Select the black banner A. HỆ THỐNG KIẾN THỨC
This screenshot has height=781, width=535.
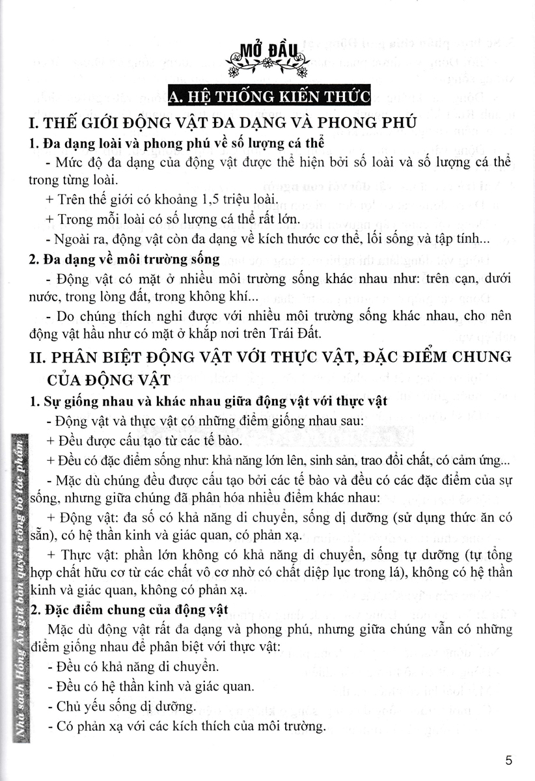click(269, 98)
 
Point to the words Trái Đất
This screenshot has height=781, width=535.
click(299, 335)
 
